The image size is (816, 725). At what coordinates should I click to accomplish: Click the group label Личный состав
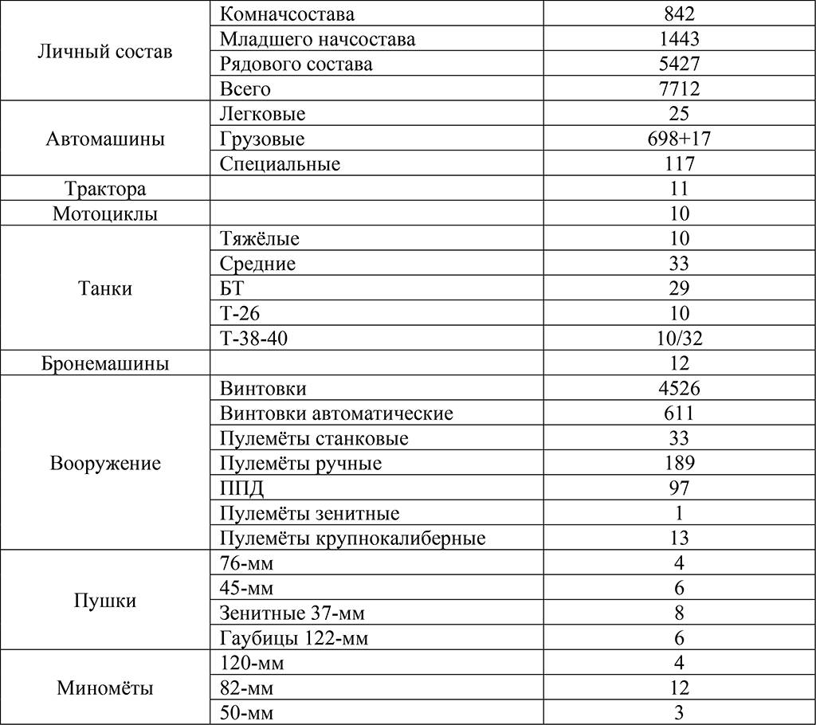coord(104,52)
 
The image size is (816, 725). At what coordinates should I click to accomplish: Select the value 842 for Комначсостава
coord(680,14)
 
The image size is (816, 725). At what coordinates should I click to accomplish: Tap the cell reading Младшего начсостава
coord(316,39)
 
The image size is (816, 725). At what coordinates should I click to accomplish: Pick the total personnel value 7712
coord(680,89)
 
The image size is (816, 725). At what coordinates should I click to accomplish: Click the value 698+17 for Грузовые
coord(680,139)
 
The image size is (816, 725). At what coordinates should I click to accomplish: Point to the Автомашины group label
coord(104,139)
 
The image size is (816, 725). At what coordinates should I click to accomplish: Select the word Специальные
coord(279,164)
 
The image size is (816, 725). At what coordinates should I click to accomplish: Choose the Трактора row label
coord(104,190)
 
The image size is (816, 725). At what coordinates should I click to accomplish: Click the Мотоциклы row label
coord(104,214)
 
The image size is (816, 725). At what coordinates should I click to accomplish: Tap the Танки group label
coord(104,288)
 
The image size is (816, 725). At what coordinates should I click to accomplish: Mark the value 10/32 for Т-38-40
coord(680,339)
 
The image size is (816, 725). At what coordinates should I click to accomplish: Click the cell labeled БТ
coord(230,288)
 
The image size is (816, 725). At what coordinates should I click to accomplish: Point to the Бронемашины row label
coord(104,364)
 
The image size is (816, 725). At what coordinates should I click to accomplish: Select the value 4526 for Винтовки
coord(680,389)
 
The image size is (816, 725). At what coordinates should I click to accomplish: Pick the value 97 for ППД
coord(680,488)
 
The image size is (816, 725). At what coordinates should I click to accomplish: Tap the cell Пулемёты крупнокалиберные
coord(351,539)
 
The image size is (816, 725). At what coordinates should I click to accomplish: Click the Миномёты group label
coord(104,688)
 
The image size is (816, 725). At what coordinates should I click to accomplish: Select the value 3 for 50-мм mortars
coord(680,713)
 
